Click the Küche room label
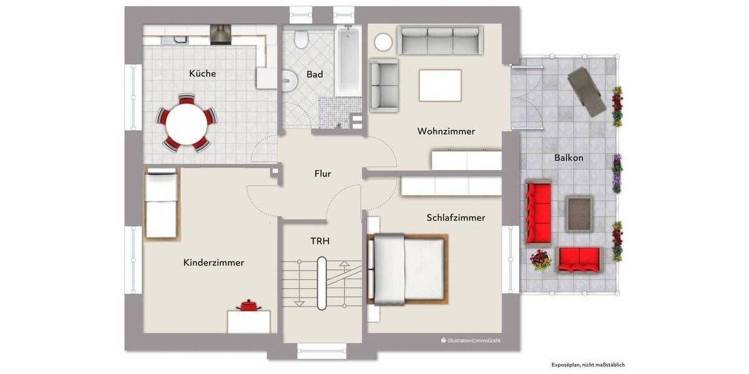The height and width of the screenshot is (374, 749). click(202, 74)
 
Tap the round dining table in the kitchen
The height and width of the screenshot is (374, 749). click(186, 123)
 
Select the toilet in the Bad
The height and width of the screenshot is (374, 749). click(301, 41)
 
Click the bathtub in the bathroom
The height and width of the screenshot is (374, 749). click(348, 61)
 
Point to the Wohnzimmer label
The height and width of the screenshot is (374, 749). click(446, 132)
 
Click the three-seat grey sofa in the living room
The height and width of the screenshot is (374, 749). click(440, 41)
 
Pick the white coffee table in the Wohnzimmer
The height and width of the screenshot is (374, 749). click(440, 85)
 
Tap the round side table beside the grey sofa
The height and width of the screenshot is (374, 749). click(383, 42)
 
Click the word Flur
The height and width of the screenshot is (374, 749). click(322, 174)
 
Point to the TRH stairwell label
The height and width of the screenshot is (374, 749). click(320, 241)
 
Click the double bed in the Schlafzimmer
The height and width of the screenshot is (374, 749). click(408, 268)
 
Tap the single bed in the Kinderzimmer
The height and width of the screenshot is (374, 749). click(161, 203)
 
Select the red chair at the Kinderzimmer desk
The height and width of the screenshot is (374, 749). click(249, 305)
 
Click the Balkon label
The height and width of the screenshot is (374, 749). click(569, 158)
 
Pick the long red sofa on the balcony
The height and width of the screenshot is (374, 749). click(538, 213)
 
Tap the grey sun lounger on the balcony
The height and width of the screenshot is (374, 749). click(587, 91)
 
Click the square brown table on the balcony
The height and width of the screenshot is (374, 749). click(579, 213)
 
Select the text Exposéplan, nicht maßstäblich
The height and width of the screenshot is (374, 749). click(587, 365)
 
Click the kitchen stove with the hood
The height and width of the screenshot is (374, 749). click(220, 34)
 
